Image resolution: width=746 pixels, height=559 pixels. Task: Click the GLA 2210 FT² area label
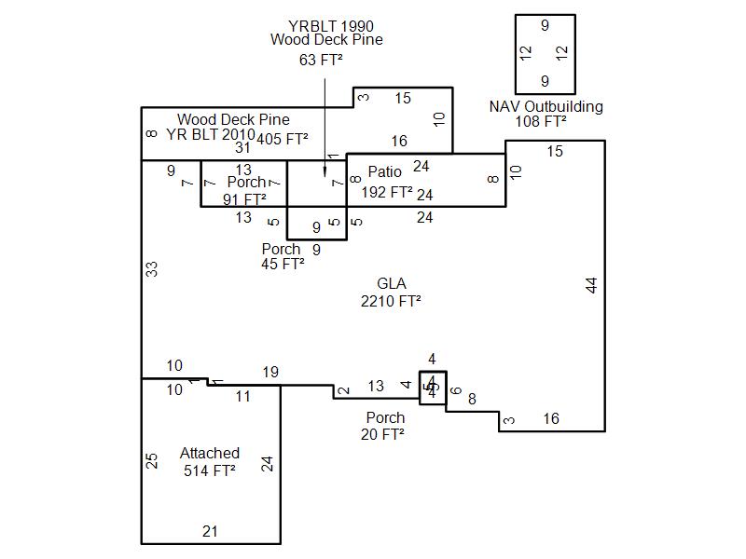[x=391, y=293]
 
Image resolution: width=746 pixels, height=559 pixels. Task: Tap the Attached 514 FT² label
[x=210, y=462]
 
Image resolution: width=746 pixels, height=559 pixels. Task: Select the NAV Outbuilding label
[x=546, y=106]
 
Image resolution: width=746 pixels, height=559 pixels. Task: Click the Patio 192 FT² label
[x=386, y=182]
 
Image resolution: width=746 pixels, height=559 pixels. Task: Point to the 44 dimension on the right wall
[x=591, y=285]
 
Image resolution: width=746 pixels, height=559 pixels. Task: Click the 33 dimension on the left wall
[x=151, y=268]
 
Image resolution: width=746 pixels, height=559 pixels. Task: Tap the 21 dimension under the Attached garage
[x=210, y=531]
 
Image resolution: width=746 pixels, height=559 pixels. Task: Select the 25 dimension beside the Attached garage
[x=151, y=461]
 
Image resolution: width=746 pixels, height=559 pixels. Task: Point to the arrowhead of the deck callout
[x=325, y=172]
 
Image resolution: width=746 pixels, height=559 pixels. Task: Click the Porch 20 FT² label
[x=385, y=426]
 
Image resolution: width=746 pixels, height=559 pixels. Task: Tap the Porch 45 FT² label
[x=283, y=256]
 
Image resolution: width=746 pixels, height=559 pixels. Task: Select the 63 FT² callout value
[x=321, y=61]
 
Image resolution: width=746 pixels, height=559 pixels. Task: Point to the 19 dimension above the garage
[x=270, y=373]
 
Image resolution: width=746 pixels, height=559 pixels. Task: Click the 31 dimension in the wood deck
[x=242, y=147]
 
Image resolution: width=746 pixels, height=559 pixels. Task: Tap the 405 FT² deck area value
[x=283, y=140]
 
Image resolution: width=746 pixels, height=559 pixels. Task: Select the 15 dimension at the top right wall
[x=555, y=151]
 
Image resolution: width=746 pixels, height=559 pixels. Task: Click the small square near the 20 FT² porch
[x=431, y=387]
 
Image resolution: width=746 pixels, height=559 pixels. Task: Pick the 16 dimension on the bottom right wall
[x=551, y=419]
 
